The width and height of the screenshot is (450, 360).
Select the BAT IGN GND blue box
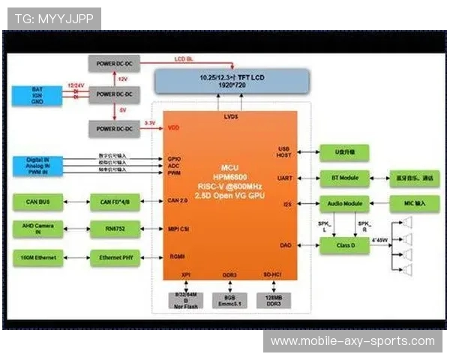(x=37, y=95)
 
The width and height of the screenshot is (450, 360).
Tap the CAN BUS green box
(x=37, y=201)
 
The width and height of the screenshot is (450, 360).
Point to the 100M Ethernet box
(x=37, y=258)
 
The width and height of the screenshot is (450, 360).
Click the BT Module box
(x=344, y=178)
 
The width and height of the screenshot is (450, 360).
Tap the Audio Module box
(x=344, y=204)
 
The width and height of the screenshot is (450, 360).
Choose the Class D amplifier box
(x=344, y=245)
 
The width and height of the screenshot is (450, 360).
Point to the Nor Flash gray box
(x=186, y=298)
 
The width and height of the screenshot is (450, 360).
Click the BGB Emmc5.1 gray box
(x=229, y=298)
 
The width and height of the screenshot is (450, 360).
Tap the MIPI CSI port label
(x=178, y=229)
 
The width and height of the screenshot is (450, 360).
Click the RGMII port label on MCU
(x=176, y=256)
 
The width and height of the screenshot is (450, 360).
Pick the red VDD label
(x=173, y=127)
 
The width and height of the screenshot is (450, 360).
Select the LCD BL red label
(x=184, y=58)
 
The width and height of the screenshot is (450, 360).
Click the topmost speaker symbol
(x=408, y=222)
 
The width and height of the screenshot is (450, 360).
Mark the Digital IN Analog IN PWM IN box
(x=37, y=165)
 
